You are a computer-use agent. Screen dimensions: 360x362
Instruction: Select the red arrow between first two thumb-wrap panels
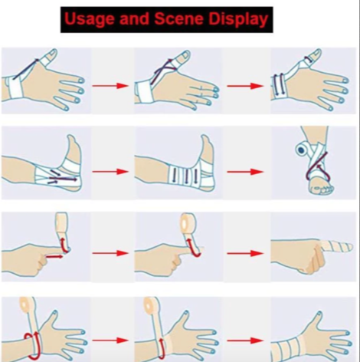110,86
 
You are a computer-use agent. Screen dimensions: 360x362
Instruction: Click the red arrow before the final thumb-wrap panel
245,86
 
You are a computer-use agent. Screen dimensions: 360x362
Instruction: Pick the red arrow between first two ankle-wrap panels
110,171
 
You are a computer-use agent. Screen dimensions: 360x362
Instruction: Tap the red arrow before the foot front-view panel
245,171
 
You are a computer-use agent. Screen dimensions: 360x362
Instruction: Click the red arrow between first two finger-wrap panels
110,253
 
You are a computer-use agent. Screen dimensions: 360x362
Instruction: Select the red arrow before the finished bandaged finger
245,253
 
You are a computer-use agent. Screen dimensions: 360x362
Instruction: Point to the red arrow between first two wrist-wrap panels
110,341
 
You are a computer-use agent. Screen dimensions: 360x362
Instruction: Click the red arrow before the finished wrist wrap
245,341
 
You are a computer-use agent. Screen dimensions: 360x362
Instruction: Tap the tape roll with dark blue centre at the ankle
302,150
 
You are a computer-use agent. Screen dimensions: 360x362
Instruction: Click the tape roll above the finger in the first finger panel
61,222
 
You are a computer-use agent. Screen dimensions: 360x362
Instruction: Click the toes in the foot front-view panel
321,189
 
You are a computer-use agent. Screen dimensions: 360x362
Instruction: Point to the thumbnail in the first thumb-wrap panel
53,54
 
